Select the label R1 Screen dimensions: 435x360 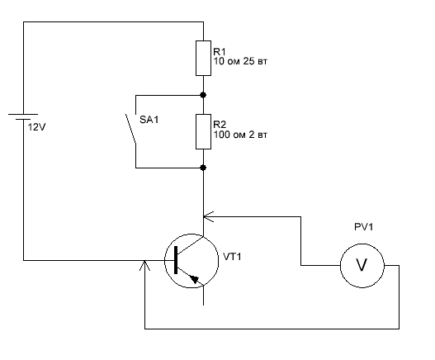[220, 52]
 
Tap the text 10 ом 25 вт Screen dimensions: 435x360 [240, 61]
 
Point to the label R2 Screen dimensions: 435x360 [220, 125]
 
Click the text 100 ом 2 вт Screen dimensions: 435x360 [240, 135]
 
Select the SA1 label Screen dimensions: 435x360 [149, 120]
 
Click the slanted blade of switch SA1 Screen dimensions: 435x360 [130, 129]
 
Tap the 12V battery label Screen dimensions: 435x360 [36, 127]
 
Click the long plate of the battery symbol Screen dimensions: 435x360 [23, 114]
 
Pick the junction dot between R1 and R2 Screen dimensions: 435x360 [203, 95]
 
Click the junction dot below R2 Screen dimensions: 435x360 [203, 168]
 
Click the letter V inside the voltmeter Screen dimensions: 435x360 [362, 265]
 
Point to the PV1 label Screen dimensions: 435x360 [364, 227]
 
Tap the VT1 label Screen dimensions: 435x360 [232, 257]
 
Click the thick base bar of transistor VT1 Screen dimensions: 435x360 [176, 260]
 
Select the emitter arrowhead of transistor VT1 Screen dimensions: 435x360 [195, 279]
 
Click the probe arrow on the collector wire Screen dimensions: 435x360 [208, 217]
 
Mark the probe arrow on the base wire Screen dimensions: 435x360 [144, 265]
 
